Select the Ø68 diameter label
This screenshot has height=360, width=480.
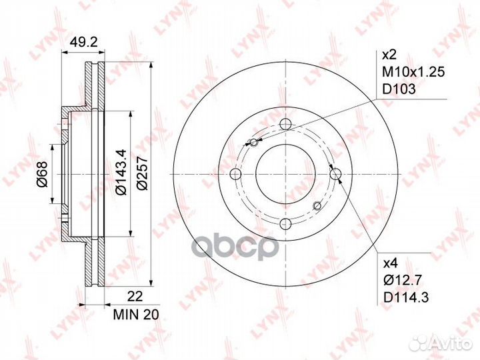click(x=41, y=175)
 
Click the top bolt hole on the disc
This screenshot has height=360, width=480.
click(x=285, y=124)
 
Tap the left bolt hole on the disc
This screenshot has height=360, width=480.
click(x=235, y=174)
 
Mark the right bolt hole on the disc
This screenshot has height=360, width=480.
click(x=335, y=174)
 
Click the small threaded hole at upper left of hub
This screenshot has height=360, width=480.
click(x=252, y=141)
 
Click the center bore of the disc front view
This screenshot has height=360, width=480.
click(x=285, y=174)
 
